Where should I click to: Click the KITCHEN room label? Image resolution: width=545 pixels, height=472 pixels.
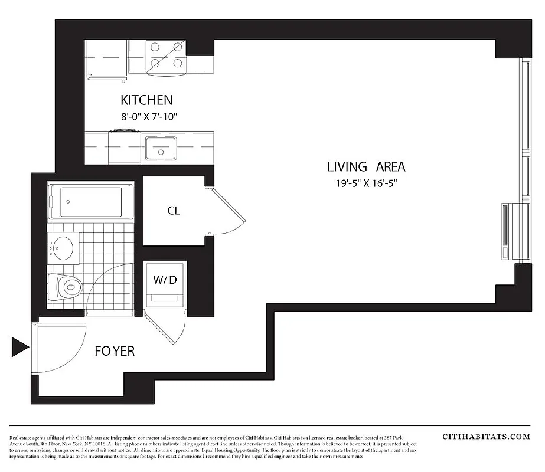pyautogui.click(x=146, y=100)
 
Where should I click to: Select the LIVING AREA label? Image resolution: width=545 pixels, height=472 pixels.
pyautogui.click(x=366, y=166)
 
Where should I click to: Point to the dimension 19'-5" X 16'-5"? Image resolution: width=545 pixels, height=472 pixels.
pyautogui.click(x=366, y=183)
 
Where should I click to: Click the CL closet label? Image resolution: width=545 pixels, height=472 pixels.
pyautogui.click(x=173, y=211)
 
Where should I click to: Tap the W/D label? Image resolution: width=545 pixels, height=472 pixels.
pyautogui.click(x=165, y=280)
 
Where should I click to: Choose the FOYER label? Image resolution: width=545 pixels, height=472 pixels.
pyautogui.click(x=115, y=351)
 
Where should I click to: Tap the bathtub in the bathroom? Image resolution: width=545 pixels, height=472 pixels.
pyautogui.click(x=89, y=202)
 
